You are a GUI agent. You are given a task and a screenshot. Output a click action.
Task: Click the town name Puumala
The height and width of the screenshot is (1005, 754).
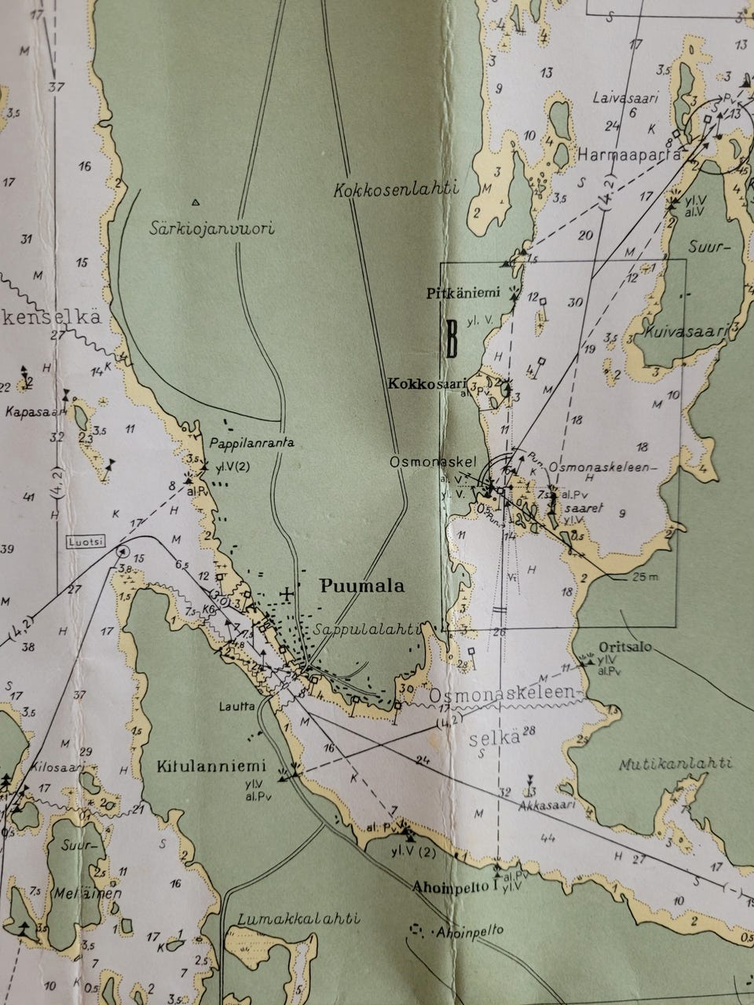click(362, 586)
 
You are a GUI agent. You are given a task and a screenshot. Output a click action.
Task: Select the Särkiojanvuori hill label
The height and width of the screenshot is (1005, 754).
click(211, 229)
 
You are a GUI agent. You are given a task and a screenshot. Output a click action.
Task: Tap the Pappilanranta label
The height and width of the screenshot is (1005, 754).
click(251, 443)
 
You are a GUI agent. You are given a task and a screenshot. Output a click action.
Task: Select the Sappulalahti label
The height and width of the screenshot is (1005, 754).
click(368, 630)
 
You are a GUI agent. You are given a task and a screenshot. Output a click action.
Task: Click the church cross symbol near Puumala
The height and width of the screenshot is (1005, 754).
click(288, 594)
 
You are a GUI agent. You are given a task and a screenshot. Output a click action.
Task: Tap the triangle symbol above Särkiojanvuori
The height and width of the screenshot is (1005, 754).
click(196, 202)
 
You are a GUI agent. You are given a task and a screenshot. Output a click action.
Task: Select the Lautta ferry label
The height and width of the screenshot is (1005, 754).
click(237, 706)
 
